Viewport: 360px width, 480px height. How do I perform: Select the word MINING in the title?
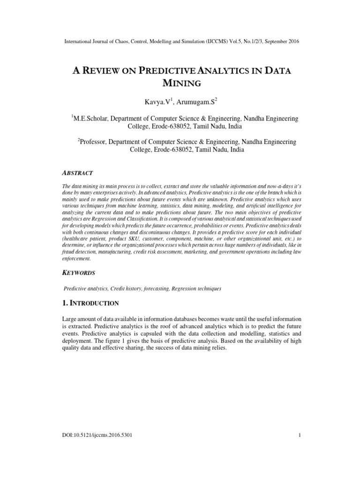point(180,84)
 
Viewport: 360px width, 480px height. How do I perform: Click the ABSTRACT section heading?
point(77,173)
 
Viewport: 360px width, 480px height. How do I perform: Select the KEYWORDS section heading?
point(78,273)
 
